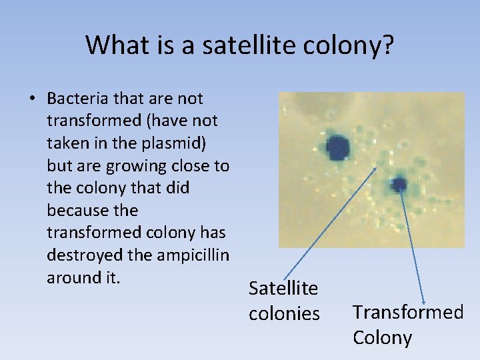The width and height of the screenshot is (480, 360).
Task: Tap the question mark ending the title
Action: coord(388,45)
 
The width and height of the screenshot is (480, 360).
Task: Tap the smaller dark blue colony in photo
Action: coord(399,184)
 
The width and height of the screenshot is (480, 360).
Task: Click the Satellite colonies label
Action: coord(284,301)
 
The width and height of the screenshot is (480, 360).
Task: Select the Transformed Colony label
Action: coord(407,324)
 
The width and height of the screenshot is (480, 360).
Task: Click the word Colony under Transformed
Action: coord(382,337)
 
